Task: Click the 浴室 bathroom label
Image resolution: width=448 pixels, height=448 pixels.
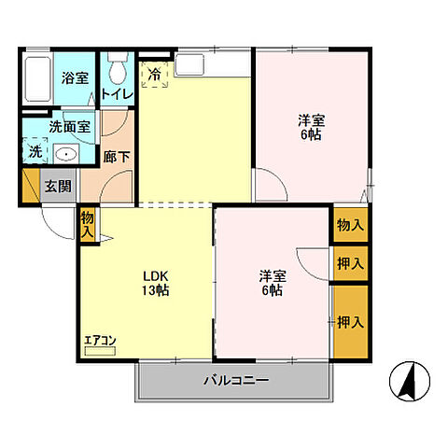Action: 75,77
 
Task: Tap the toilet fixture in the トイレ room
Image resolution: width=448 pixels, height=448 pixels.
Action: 118,68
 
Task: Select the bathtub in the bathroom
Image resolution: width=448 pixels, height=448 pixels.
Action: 37,79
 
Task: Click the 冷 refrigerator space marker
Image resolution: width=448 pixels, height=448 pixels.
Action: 155,75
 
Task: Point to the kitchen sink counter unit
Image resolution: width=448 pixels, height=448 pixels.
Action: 213,64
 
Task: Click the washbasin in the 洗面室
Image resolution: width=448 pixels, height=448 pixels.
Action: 66,154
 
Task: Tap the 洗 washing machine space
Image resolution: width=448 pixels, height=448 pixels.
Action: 35,151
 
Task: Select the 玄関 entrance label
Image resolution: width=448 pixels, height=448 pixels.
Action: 58,187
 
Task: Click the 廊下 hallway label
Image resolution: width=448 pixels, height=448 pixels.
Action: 117,157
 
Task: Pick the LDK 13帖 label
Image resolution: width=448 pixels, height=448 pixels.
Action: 156,283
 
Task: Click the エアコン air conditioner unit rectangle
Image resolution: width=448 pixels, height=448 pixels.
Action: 100,351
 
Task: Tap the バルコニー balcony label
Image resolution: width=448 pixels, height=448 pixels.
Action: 236,380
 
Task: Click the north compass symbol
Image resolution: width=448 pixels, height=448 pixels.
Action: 410,381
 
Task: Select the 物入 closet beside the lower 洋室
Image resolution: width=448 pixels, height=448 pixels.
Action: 351,225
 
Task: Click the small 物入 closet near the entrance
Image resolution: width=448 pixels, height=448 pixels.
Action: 88,225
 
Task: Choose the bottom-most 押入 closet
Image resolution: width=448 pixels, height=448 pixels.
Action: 351,322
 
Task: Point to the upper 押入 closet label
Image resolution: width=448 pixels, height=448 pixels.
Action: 351,264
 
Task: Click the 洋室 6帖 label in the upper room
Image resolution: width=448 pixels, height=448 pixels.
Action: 311,128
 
